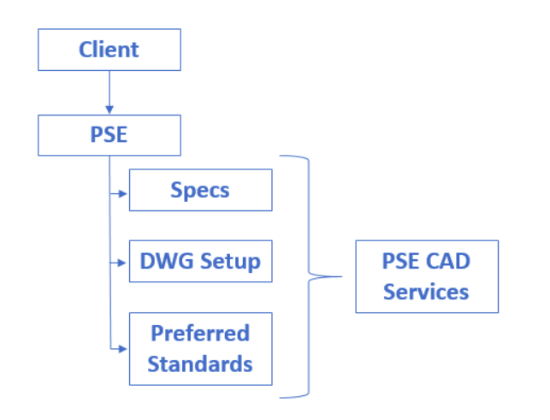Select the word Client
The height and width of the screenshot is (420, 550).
(x=109, y=50)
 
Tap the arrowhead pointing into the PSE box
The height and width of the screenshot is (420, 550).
(x=109, y=109)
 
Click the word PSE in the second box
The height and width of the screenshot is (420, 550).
(x=109, y=134)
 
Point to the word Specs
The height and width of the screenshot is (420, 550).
(x=200, y=191)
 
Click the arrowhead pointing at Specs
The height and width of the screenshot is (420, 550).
(x=123, y=193)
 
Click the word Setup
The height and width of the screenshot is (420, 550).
(x=230, y=262)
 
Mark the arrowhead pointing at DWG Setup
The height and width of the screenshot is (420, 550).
(x=122, y=263)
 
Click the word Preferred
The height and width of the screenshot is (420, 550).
(x=200, y=333)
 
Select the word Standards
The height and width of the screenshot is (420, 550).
(x=200, y=364)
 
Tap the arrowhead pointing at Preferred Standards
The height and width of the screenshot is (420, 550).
(x=123, y=349)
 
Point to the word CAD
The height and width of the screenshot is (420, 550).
(x=448, y=261)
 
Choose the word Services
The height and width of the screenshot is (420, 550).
(x=426, y=292)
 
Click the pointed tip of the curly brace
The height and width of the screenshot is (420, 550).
(x=341, y=276)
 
